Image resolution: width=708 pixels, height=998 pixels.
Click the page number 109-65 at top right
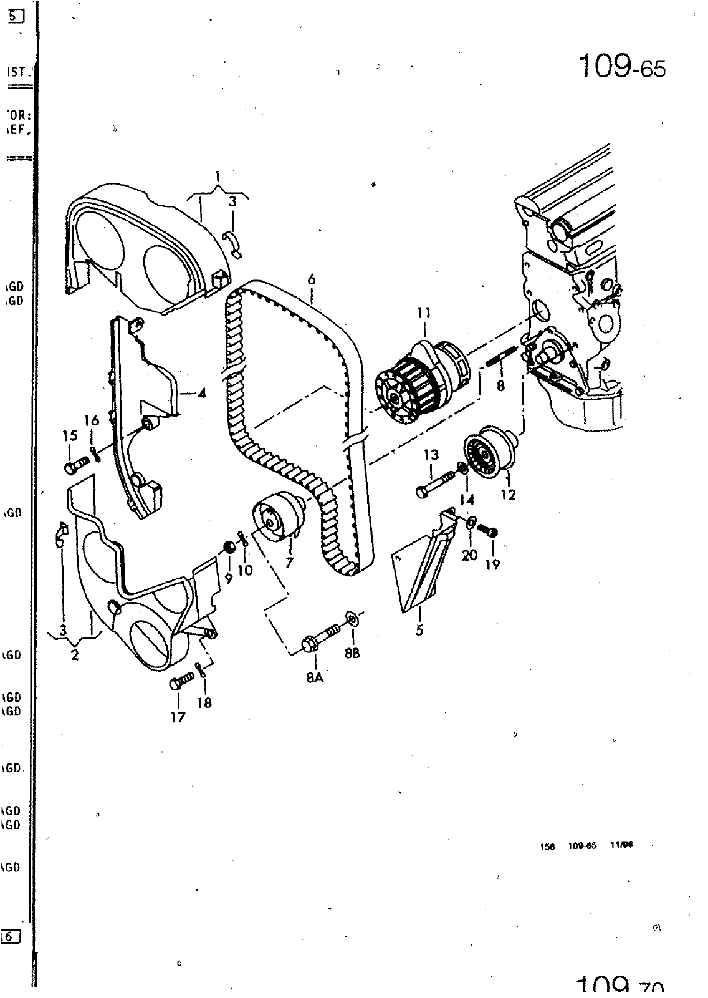click(x=622, y=66)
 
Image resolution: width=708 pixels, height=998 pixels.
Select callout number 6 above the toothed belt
click(x=311, y=279)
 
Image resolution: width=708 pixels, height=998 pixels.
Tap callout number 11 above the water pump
click(x=424, y=312)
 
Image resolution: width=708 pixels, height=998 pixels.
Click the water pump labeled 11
click(x=421, y=381)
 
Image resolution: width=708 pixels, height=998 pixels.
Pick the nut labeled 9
click(x=229, y=548)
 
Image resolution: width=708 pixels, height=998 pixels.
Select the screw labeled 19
click(x=488, y=531)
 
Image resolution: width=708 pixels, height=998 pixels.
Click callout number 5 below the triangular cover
click(x=420, y=630)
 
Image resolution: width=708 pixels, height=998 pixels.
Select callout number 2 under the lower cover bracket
click(x=75, y=655)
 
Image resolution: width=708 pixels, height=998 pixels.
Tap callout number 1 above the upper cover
click(x=218, y=175)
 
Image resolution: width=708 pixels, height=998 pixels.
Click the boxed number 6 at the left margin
click(x=11, y=936)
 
